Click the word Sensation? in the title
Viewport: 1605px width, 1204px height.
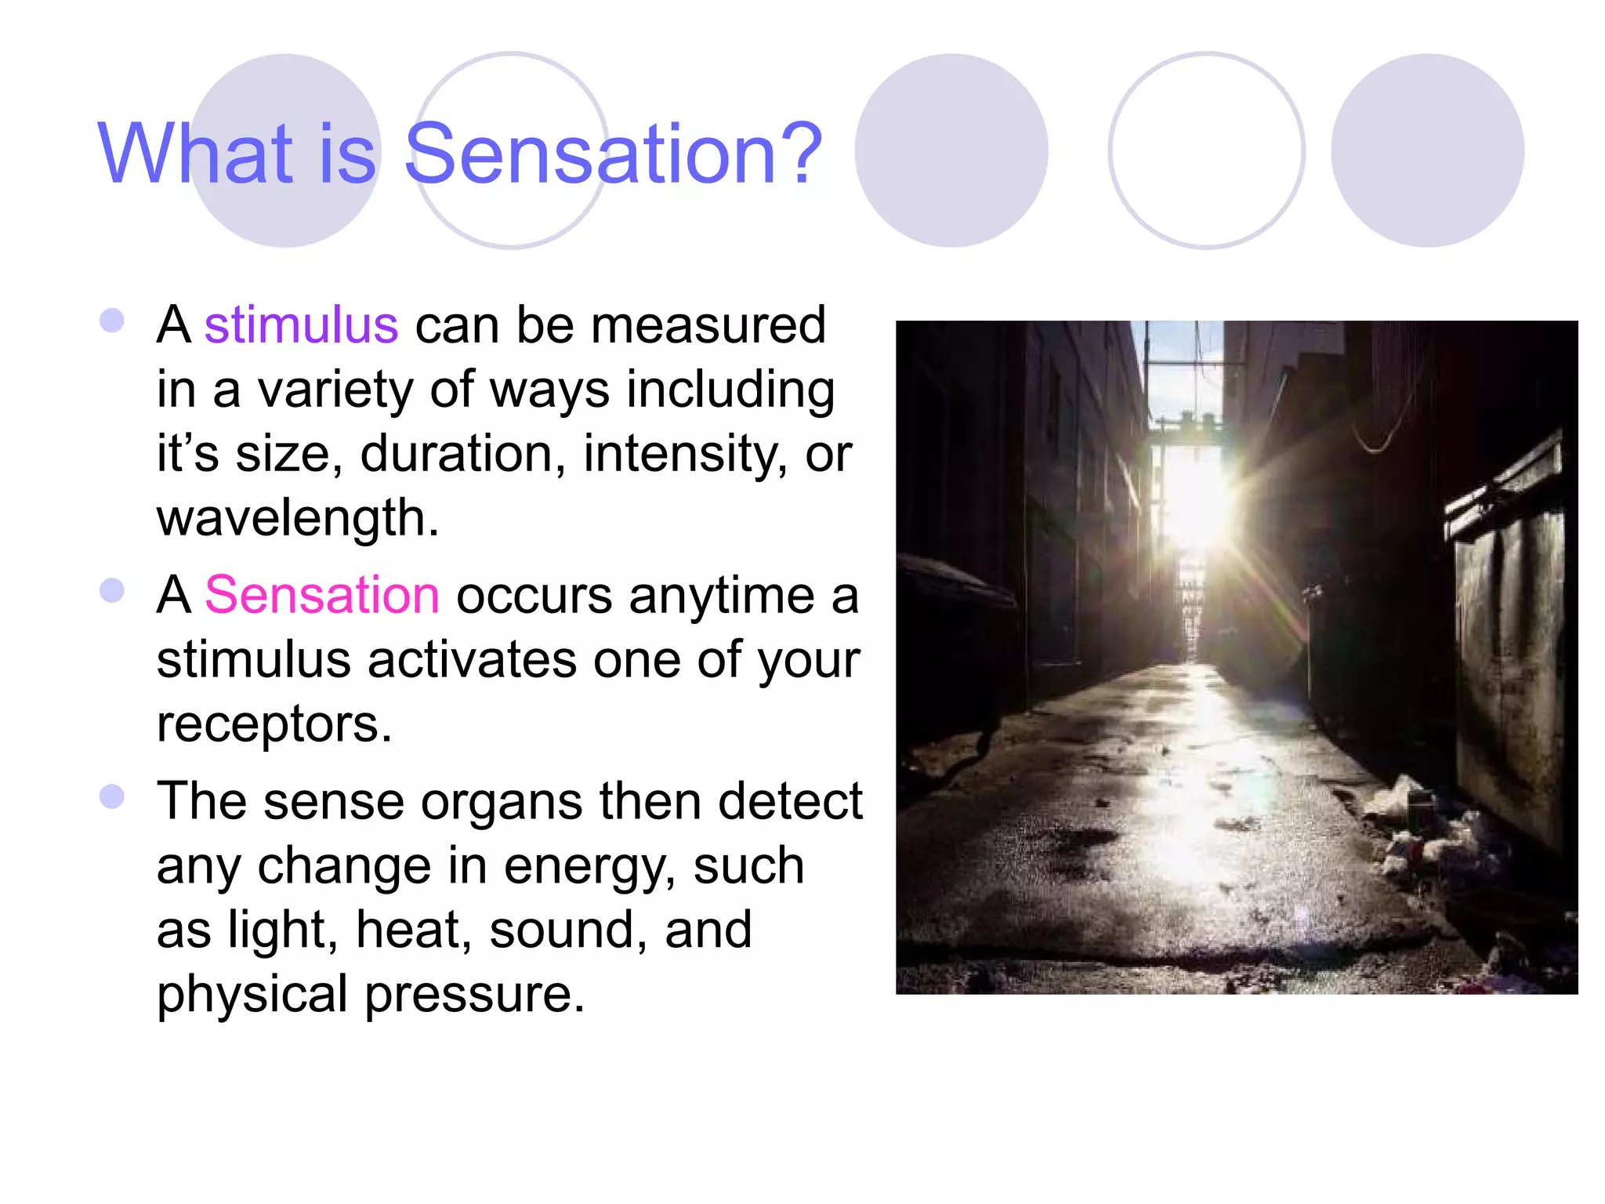pos(613,154)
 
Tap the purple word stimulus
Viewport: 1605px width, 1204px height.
pos(301,325)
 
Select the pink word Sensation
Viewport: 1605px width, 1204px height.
pos(321,594)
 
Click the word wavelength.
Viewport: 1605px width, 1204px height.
pos(298,518)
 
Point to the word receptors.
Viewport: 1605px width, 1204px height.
pos(274,724)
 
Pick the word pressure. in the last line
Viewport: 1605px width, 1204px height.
pos(475,994)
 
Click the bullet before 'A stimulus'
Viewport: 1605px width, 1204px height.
pos(112,321)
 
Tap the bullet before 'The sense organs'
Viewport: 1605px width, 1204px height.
pos(112,796)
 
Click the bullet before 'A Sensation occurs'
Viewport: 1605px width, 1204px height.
pos(112,590)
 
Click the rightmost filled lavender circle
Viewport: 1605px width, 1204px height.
pos(1427,150)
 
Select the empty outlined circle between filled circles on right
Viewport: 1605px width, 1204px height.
pos(1206,150)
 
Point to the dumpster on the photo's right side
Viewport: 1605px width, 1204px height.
pos(1509,643)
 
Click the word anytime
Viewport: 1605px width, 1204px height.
pos(721,596)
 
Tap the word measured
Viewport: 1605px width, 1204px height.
pos(708,325)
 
